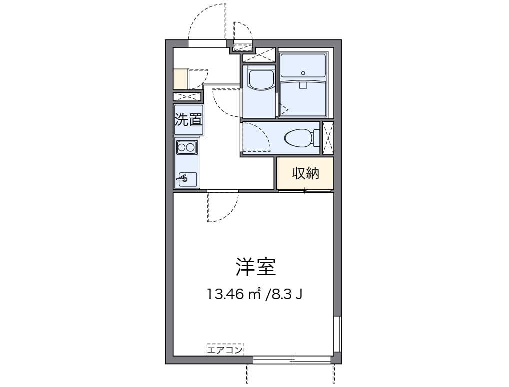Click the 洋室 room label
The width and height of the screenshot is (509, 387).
tap(256, 267)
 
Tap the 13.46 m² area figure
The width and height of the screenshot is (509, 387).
tap(235, 294)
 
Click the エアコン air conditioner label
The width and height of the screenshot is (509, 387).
tap(224, 350)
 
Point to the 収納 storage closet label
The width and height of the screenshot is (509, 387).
tap(305, 173)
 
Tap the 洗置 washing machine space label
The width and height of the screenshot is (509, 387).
tap(188, 120)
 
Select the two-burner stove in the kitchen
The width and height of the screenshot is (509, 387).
tap(186, 147)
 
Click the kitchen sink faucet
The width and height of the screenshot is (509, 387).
tap(183, 177)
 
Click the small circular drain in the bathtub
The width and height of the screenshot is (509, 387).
tap(303, 72)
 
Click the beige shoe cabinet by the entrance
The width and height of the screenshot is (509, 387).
tap(180, 78)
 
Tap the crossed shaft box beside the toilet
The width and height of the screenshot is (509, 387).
tap(328, 137)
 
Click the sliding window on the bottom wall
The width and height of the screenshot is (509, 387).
tap(292, 359)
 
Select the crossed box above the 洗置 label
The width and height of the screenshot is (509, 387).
tap(187, 97)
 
